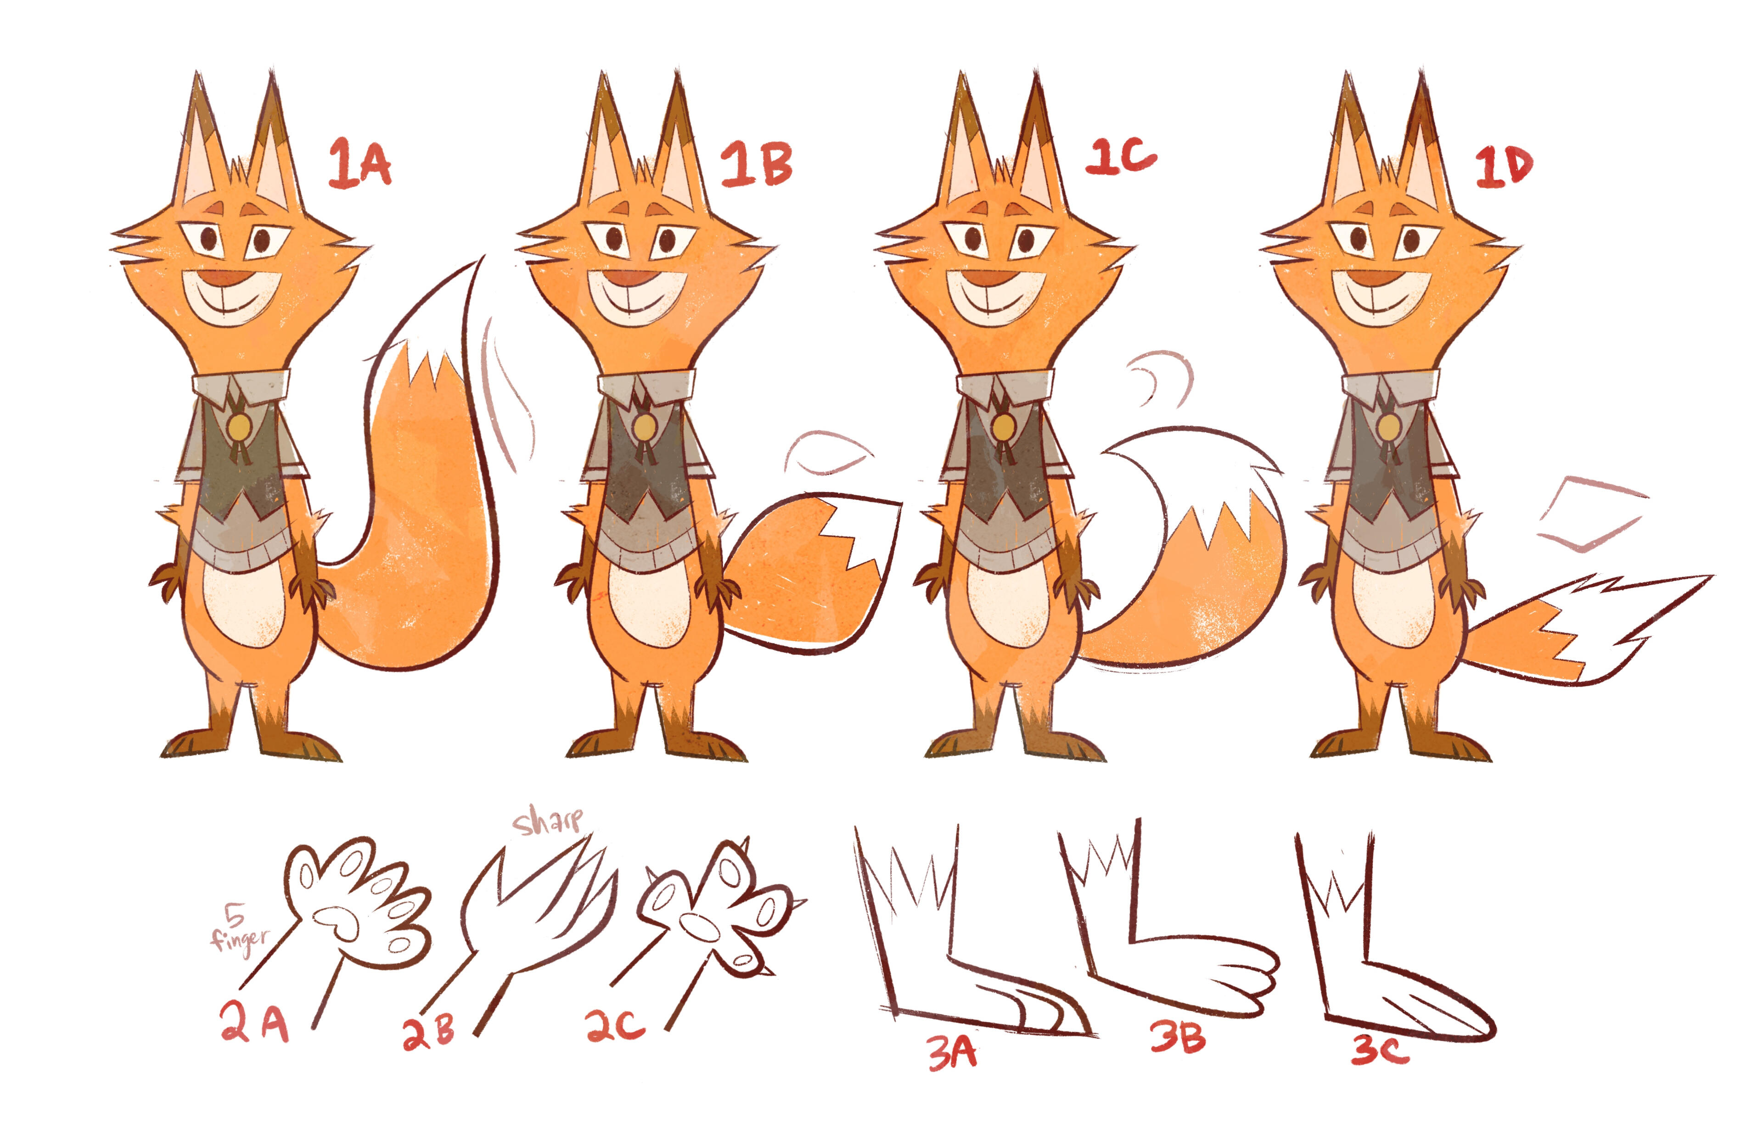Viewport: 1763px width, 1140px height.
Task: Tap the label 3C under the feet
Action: pos(1380,1050)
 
